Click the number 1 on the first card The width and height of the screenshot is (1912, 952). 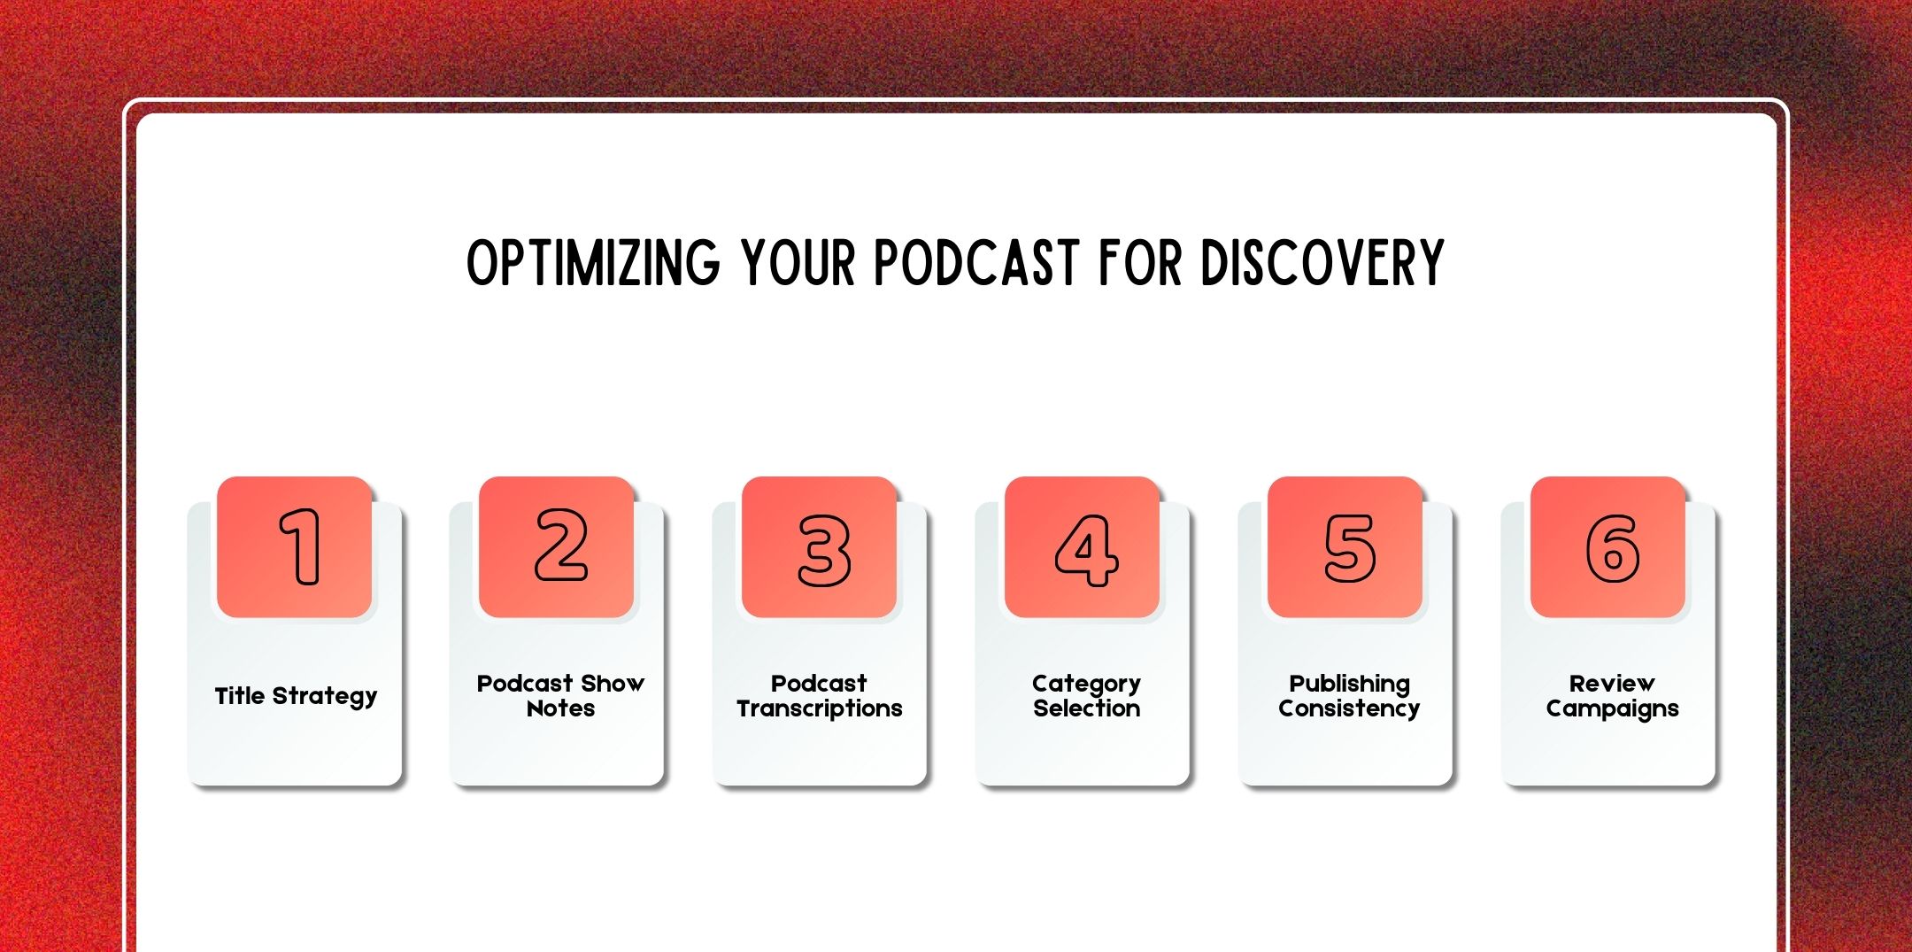tap(301, 547)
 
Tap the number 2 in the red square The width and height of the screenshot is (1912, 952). tap(560, 547)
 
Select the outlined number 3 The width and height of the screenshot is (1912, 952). tap(823, 549)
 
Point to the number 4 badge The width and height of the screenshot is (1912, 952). tap(1085, 549)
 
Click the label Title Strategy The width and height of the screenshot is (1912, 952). tap(296, 696)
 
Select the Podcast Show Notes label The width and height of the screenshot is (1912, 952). tap(560, 696)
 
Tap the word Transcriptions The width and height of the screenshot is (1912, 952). tap(819, 708)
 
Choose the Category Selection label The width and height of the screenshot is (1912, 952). tap(1086, 696)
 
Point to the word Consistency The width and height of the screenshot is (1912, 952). tap(1348, 708)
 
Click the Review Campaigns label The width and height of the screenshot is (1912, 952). tap(1612, 696)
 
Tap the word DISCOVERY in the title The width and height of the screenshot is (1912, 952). tap(1322, 263)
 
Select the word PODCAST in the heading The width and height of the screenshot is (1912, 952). tap(977, 263)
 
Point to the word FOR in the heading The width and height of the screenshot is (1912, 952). tap(1140, 263)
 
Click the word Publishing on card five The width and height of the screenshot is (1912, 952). tap(1349, 684)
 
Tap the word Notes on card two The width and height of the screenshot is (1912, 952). tap(560, 708)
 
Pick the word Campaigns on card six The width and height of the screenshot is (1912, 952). tap(1612, 708)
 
